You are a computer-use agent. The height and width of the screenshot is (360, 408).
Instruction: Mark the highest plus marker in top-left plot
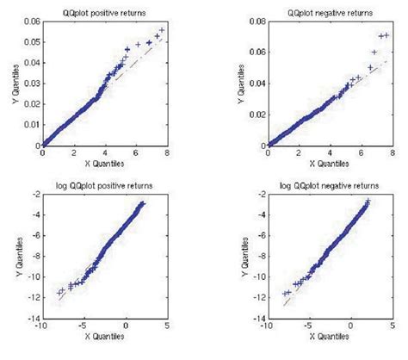coord(162,30)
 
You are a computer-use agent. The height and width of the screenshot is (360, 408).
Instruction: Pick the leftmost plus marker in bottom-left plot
coord(59,294)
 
